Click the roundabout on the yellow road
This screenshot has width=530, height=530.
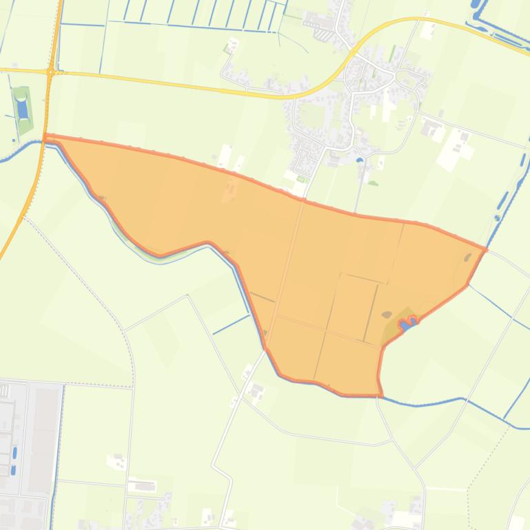click(51, 72)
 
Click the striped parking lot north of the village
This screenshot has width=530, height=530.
click(322, 32)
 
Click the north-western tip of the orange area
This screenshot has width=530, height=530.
click(45, 137)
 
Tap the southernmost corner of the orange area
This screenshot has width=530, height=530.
click(380, 394)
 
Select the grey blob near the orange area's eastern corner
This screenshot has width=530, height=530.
click(468, 257)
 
